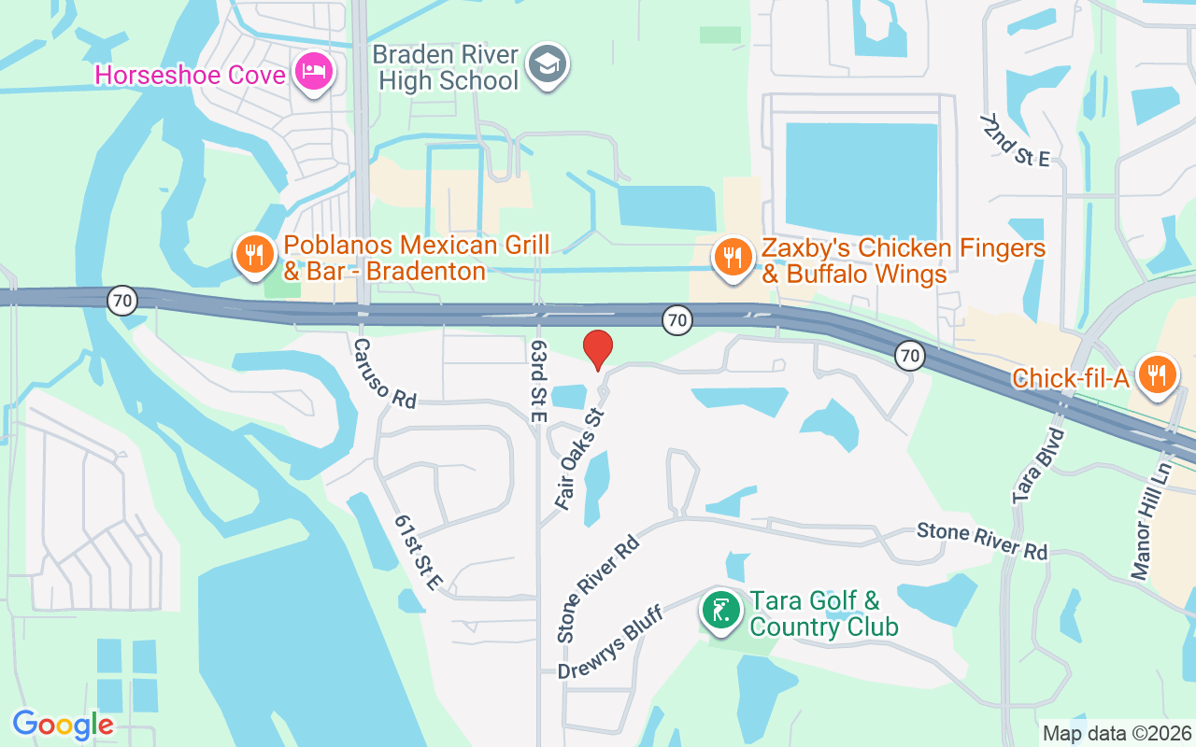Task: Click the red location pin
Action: [598, 349]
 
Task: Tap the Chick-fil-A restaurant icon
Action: [1157, 374]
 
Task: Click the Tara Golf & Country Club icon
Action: [721, 611]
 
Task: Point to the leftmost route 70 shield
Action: [122, 301]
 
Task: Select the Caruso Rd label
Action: [384, 373]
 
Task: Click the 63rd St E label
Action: [537, 381]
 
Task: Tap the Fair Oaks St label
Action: [580, 458]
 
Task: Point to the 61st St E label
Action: [418, 552]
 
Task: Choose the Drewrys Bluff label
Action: [610, 642]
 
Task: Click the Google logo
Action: [63, 725]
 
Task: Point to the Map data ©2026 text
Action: [1117, 733]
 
